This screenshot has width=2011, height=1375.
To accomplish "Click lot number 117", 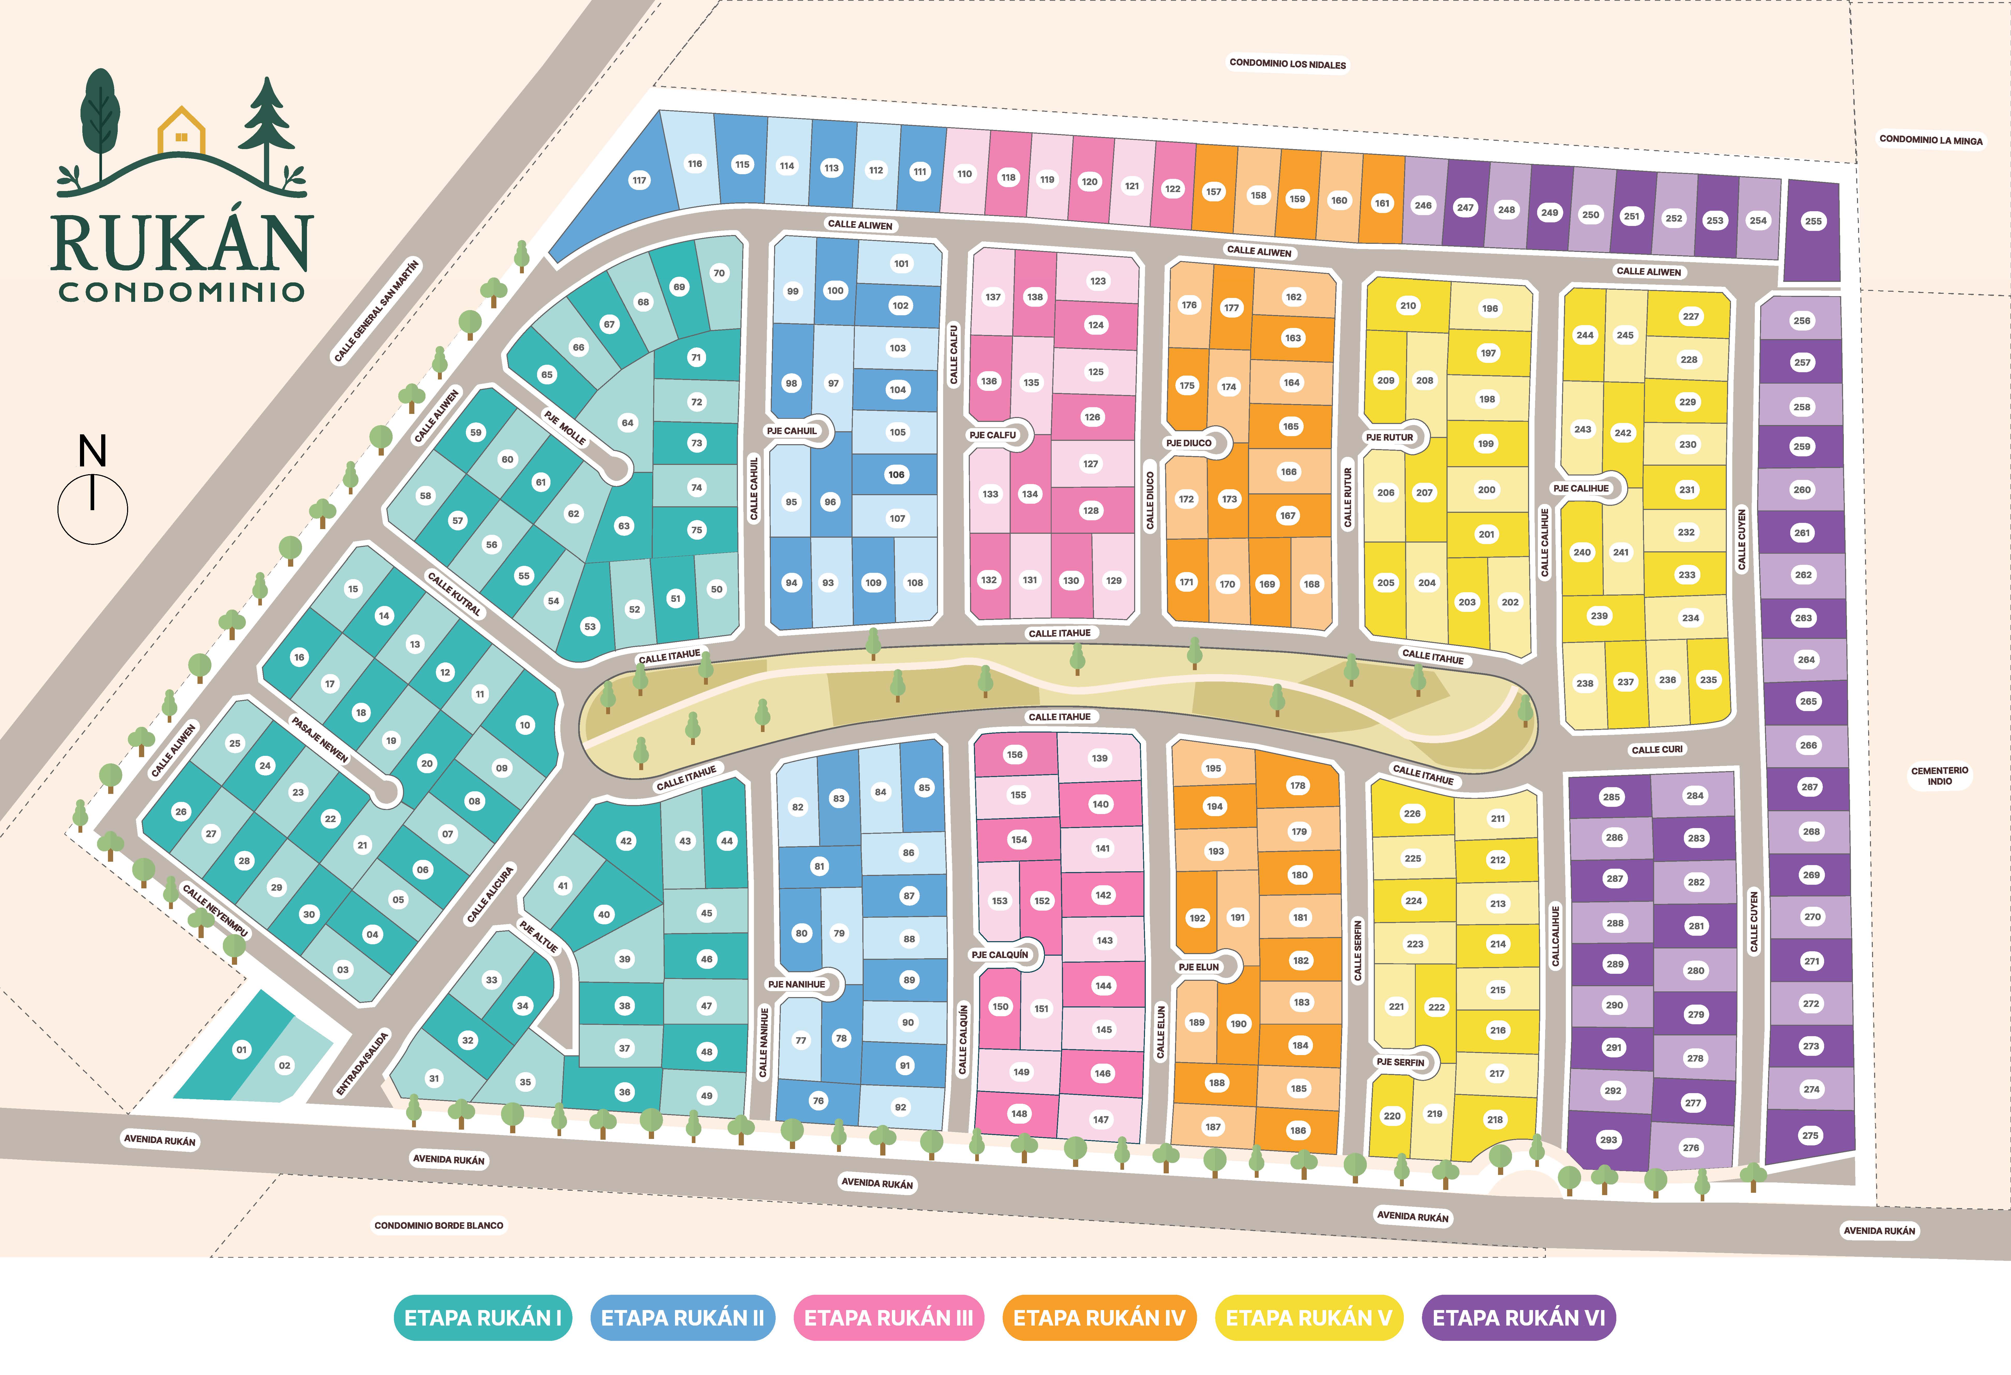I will pos(638,180).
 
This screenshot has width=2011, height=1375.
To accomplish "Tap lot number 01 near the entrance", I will pos(241,1050).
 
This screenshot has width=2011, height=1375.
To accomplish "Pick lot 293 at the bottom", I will pos(1609,1140).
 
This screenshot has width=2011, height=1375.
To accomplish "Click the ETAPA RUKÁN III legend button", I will pos(889,1318).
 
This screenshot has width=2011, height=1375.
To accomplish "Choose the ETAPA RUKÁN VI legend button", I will pos(1519,1318).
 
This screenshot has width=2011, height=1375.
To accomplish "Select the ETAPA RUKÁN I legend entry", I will pos(483,1318).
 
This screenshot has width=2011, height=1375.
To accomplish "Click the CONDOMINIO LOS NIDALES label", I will pos(1288,64).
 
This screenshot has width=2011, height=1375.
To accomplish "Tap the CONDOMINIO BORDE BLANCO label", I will pos(439,1225).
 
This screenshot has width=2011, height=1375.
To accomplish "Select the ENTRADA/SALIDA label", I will pos(363,1064).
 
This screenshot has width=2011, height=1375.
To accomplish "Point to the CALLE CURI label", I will pos(1657,749).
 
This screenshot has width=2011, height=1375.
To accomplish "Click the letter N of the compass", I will pos(93,452).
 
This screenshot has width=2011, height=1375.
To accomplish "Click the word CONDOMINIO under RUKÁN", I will pos(182,292).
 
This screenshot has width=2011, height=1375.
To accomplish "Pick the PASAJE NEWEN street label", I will pos(320,740).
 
